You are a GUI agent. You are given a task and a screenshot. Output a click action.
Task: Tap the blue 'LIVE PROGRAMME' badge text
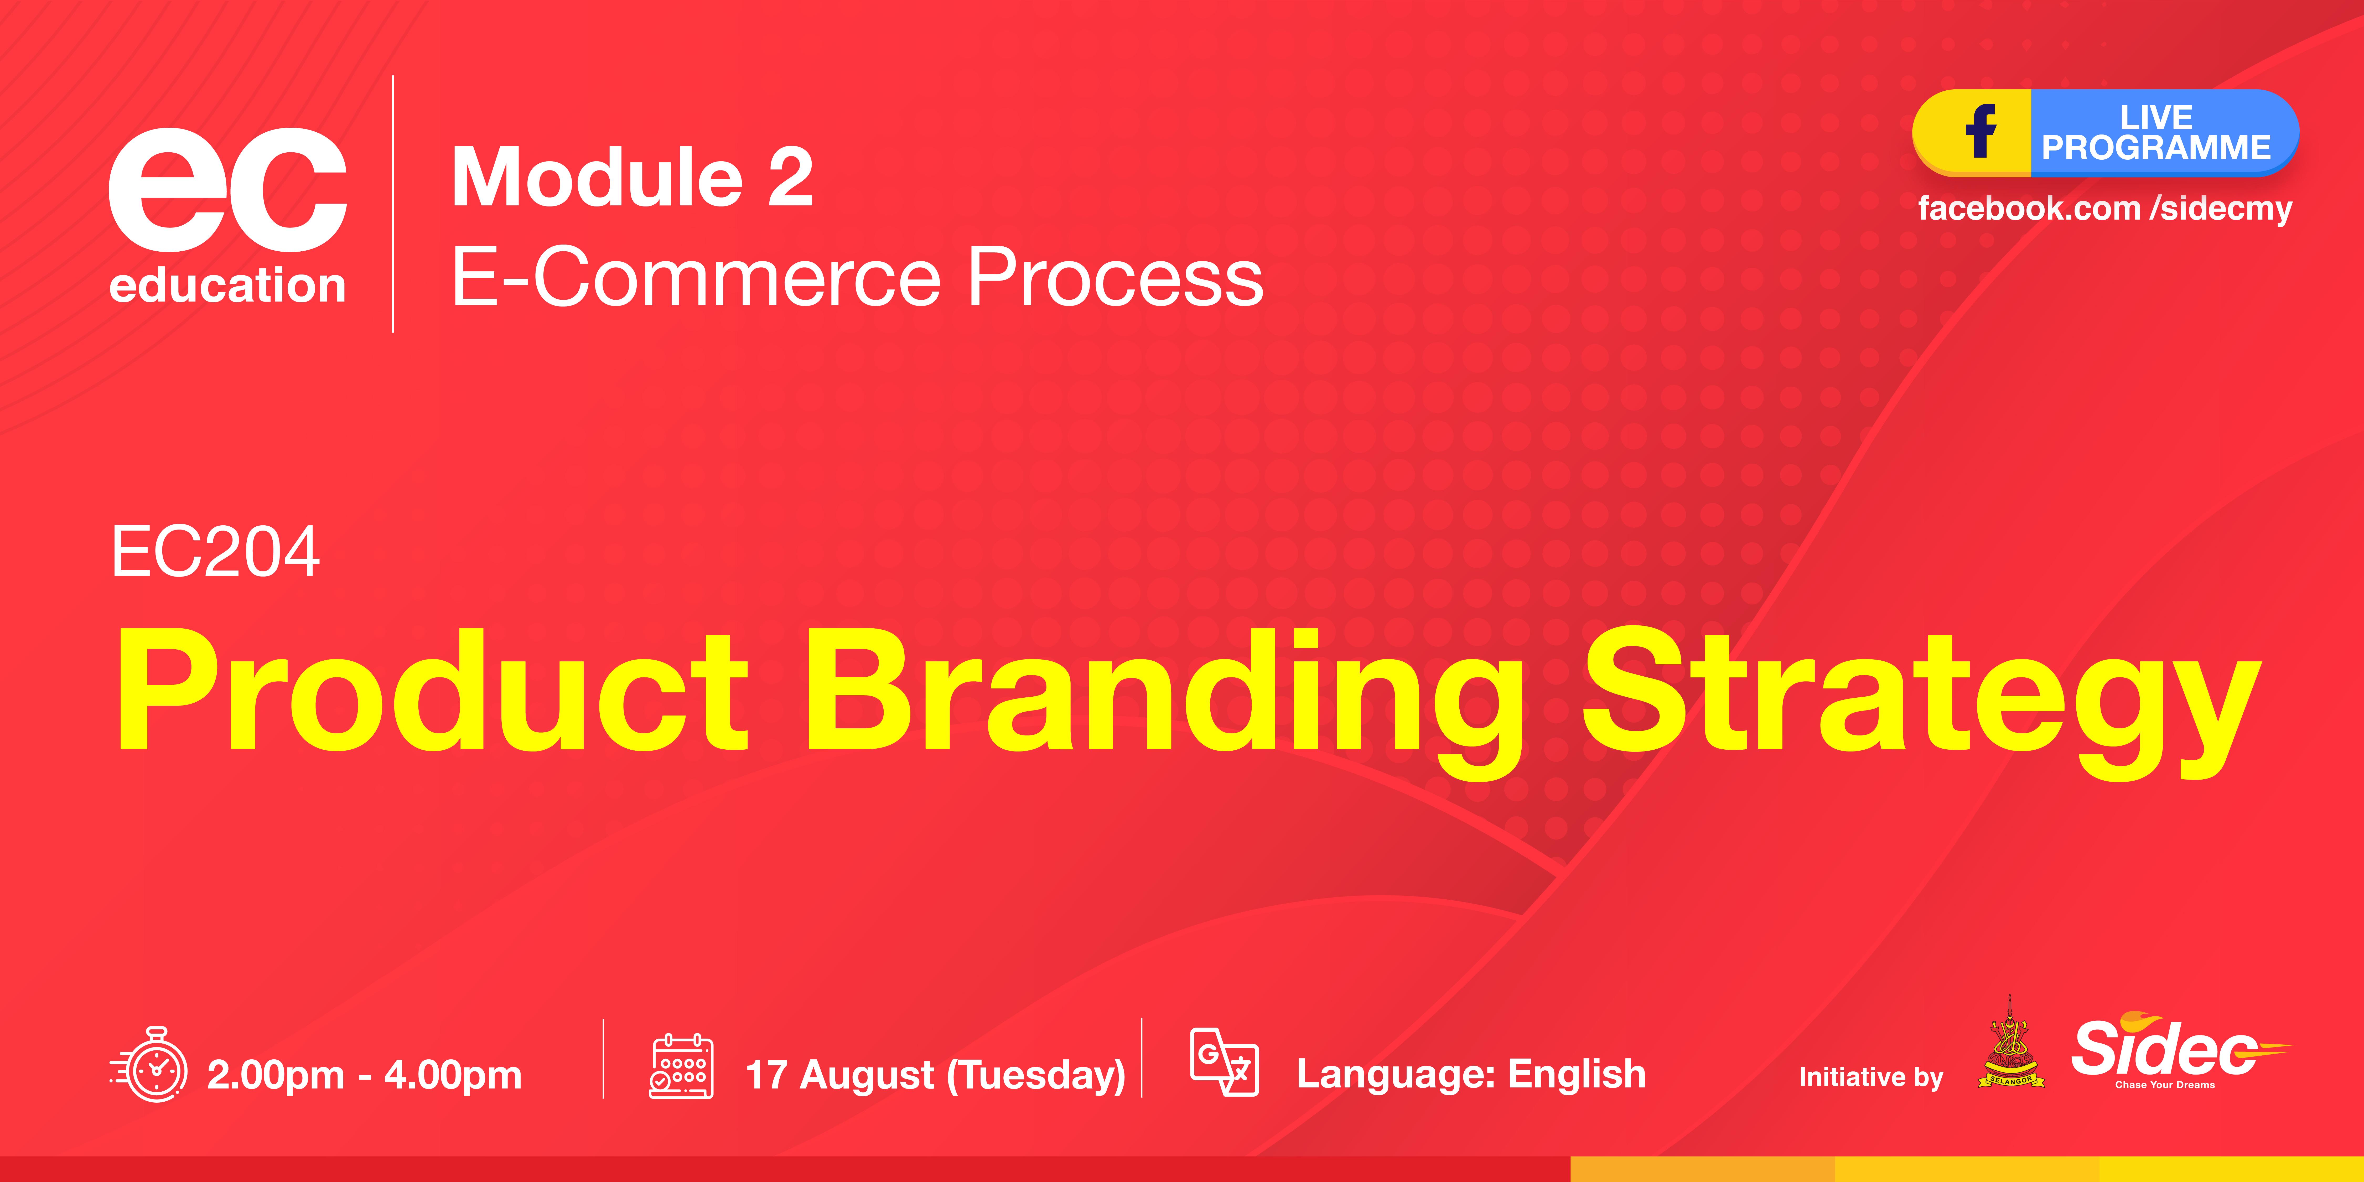click(2156, 133)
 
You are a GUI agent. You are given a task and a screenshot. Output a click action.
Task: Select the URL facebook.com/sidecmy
click(2104, 208)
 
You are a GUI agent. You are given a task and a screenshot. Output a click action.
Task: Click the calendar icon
click(681, 1066)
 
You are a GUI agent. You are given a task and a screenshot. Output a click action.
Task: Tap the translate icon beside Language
click(1224, 1062)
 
